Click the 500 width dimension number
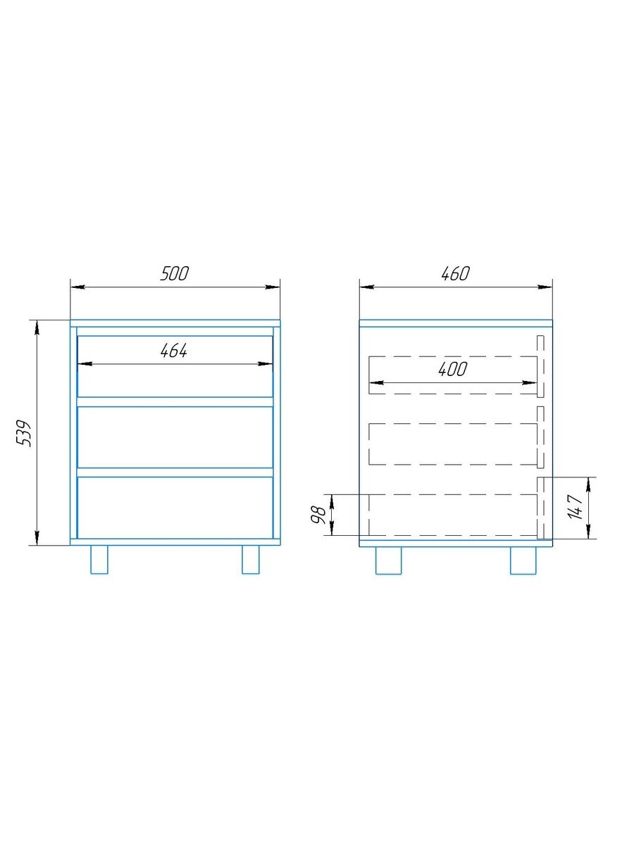pyautogui.click(x=175, y=274)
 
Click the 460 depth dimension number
pyautogui.click(x=455, y=274)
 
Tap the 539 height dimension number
pyautogui.click(x=23, y=433)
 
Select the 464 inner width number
pyautogui.click(x=173, y=351)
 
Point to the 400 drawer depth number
pyautogui.click(x=453, y=369)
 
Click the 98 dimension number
pyautogui.click(x=318, y=515)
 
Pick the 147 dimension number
pyautogui.click(x=576, y=507)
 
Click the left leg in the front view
pyautogui.click(x=99, y=559)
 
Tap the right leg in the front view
pyautogui.click(x=251, y=559)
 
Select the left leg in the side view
pyautogui.click(x=388, y=561)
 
